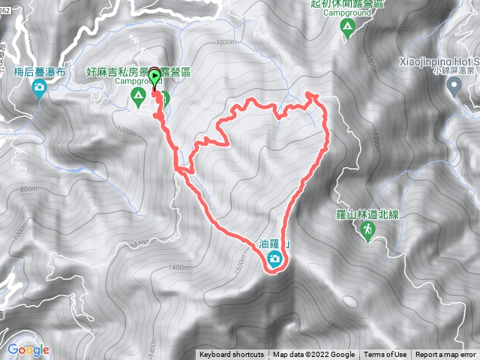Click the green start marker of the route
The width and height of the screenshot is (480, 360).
coord(155,76)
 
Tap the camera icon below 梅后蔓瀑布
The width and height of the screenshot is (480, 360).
coord(39,89)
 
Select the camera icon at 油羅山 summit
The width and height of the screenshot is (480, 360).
coord(275,259)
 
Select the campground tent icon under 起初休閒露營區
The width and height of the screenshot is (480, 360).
coord(347,27)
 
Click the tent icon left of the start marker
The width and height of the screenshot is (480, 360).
coord(138,96)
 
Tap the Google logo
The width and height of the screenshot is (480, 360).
coord(28,349)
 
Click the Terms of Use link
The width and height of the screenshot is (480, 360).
coord(385,355)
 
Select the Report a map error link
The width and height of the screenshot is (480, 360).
coord(445,355)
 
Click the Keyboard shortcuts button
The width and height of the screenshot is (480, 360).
coord(231,355)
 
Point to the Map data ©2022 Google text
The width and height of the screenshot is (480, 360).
coord(313,355)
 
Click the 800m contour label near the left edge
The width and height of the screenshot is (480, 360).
coord(28,189)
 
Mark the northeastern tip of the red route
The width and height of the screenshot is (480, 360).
coord(312,94)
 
